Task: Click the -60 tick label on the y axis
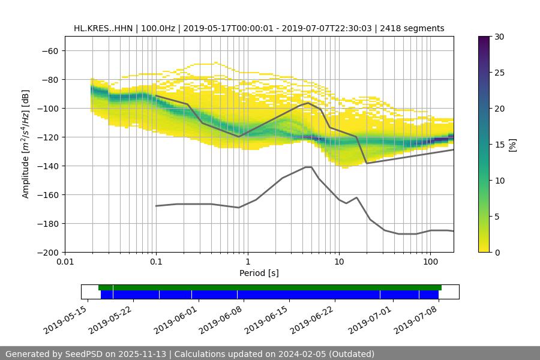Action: click(x=49, y=50)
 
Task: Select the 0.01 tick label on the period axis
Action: click(x=65, y=262)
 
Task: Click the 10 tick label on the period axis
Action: click(x=339, y=262)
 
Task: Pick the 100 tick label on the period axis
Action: click(x=430, y=262)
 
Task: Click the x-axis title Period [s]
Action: click(x=259, y=273)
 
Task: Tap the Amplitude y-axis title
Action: click(x=26, y=144)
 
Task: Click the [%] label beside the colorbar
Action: click(x=512, y=145)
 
